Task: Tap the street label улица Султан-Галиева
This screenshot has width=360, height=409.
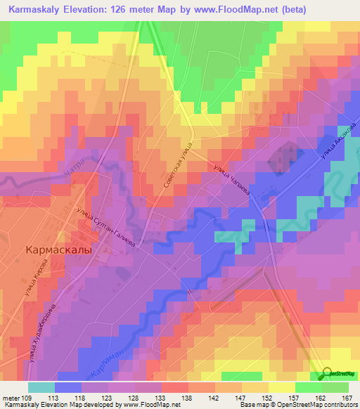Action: click(x=105, y=226)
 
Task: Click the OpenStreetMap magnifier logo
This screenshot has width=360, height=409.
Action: click(x=328, y=375)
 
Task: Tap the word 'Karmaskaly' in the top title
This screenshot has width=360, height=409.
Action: click(x=35, y=10)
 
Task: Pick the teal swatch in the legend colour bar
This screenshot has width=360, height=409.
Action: click(x=41, y=387)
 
